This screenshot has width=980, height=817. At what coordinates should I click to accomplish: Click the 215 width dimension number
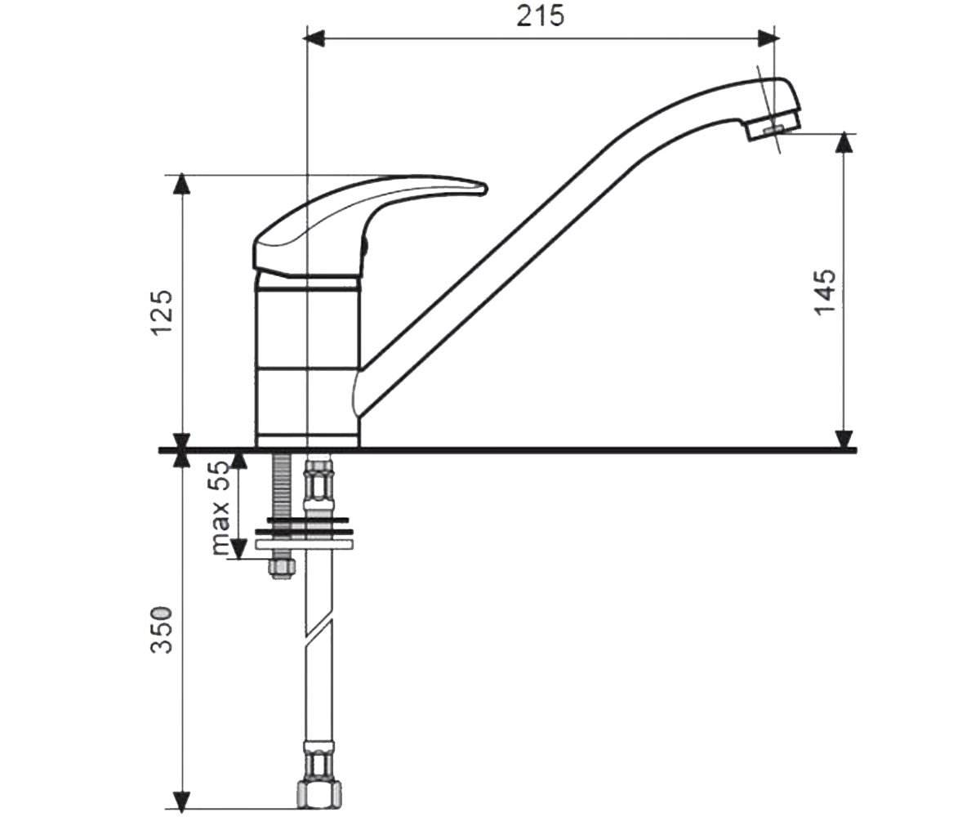[x=540, y=16]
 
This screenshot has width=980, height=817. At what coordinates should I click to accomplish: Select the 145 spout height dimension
[x=825, y=292]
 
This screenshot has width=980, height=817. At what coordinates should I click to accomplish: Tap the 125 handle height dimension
[x=161, y=313]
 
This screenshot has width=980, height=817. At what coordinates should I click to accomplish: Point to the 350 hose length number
[x=161, y=630]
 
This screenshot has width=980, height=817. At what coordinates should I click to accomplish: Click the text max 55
[x=220, y=508]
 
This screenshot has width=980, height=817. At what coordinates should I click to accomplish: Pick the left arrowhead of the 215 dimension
[x=315, y=39]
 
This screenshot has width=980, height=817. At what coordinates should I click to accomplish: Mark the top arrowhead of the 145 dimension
[x=844, y=143]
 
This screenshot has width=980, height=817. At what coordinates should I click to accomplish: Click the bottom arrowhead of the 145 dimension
[x=844, y=440]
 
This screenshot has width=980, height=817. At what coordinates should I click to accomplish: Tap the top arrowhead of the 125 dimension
[x=181, y=184]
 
